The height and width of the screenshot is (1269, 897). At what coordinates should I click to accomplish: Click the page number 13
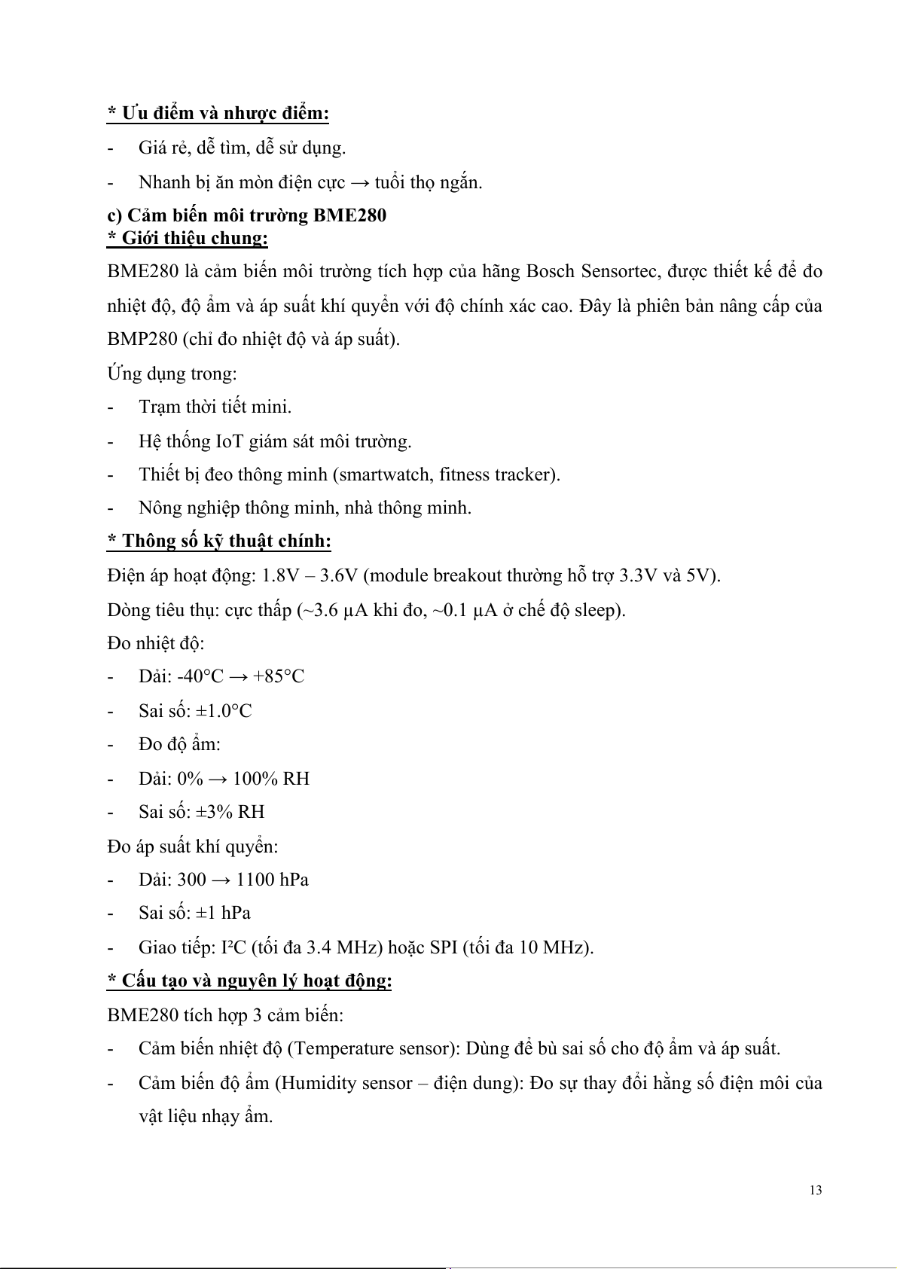pos(816,1191)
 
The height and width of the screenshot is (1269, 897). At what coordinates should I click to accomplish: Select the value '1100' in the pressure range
pos(255,880)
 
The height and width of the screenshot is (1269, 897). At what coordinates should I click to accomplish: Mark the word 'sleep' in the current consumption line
pos(597,609)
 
